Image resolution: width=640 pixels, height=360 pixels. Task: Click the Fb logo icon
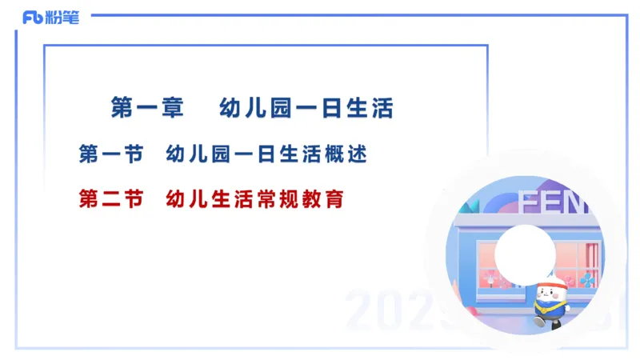33,18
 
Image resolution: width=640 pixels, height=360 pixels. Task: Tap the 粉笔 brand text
63,18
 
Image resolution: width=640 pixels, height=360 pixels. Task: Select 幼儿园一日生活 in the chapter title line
306,108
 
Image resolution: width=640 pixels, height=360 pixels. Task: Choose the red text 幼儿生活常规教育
254,198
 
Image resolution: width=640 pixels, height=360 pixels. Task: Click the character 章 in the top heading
171,108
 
